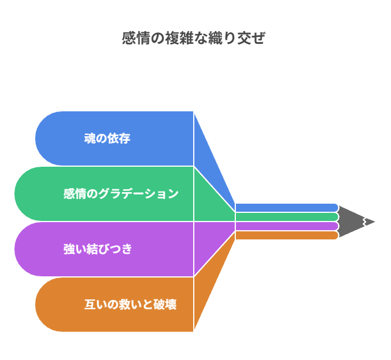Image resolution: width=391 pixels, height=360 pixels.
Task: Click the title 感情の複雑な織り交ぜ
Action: click(x=193, y=38)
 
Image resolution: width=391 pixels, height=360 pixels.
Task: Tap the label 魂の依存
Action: click(x=107, y=138)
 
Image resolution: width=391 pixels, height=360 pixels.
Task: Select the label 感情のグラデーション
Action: click(x=121, y=194)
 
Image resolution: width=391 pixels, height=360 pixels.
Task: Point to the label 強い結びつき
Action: click(x=97, y=249)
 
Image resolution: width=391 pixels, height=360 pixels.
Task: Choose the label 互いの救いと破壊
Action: click(x=130, y=305)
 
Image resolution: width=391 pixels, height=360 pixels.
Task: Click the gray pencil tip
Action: click(x=356, y=222)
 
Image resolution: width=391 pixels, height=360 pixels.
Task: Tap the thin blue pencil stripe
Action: click(x=287, y=208)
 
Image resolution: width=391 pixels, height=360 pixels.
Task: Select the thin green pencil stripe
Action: click(x=287, y=217)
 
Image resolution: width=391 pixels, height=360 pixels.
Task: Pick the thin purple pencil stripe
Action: click(x=287, y=226)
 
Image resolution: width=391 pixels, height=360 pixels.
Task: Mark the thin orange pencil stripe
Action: click(x=287, y=235)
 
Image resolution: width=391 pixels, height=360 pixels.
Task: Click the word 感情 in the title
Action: click(x=136, y=38)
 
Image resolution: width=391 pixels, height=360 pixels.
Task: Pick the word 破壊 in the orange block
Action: click(x=165, y=305)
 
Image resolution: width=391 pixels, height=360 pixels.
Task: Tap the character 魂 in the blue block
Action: click(x=90, y=138)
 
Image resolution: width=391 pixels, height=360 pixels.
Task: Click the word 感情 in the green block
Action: click(x=75, y=194)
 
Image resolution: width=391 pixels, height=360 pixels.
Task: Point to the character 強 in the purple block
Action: click(x=69, y=249)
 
